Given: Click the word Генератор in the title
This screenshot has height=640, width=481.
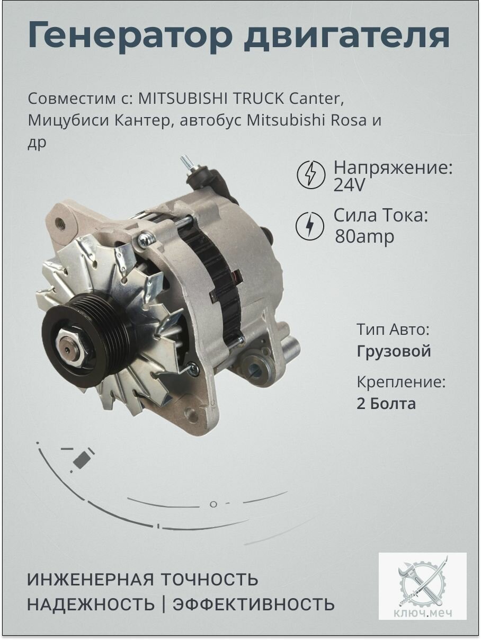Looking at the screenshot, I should [130, 36].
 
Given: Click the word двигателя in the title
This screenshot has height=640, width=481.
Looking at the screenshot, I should [346, 36].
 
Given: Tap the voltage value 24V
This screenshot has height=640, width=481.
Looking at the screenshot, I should [350, 186].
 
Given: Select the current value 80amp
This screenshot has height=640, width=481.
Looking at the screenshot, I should [364, 236].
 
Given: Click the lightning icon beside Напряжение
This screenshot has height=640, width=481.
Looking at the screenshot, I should [310, 174].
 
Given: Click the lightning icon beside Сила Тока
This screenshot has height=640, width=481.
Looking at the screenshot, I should [309, 226].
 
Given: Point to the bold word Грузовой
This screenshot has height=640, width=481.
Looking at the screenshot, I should [394, 351].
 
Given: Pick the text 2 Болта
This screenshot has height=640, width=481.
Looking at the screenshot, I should [386, 404].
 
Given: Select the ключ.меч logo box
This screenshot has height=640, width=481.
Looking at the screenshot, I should [422, 586].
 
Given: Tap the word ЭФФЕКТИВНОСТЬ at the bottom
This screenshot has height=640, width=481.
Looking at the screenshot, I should [254, 604].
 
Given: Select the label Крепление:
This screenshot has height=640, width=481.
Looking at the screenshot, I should [401, 383].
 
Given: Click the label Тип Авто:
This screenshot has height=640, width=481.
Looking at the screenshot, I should [393, 330].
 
